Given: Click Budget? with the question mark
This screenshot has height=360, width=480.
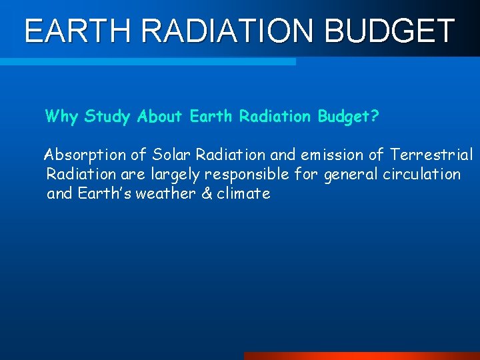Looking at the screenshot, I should pyautogui.click(x=349, y=117).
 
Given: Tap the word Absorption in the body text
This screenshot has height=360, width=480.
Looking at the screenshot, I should pyautogui.click(x=85, y=155).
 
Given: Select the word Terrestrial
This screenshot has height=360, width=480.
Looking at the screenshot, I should pyautogui.click(x=431, y=155).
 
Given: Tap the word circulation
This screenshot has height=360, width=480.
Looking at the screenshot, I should pyautogui.click(x=421, y=174).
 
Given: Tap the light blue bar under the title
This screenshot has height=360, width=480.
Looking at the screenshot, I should pyautogui.click(x=147, y=61).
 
